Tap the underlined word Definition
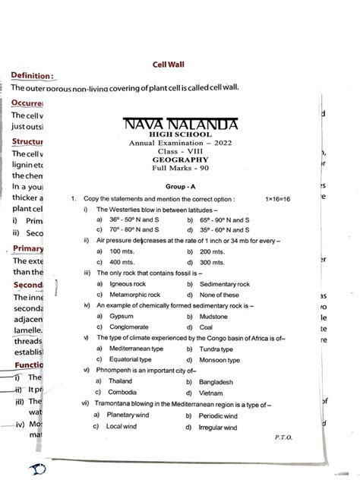(33, 76)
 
